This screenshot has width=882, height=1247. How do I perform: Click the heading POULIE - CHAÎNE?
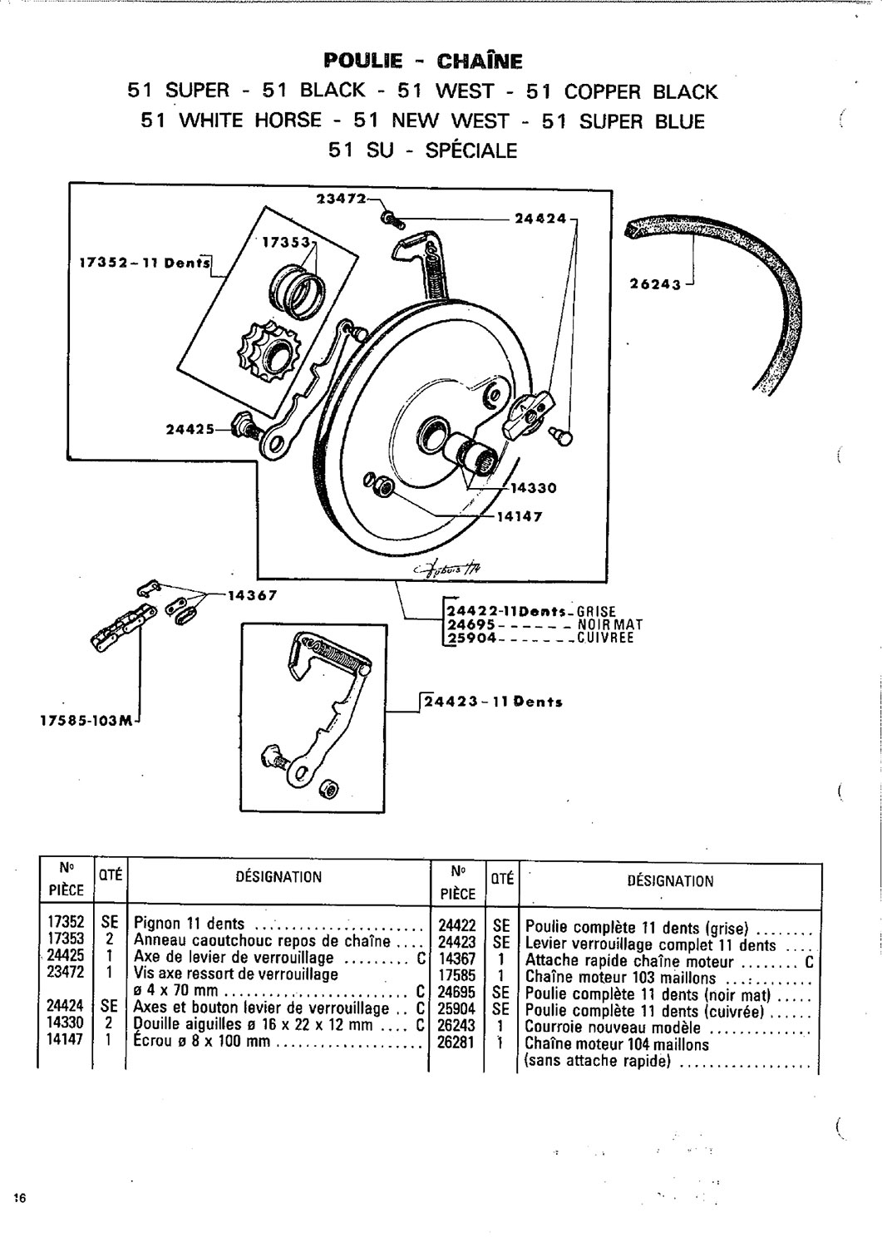coord(423,61)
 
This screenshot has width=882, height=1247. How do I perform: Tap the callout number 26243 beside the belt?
coord(657,284)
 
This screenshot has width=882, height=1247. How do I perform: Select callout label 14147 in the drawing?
coord(520,516)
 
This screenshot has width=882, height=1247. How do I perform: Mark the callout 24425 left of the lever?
coord(190,429)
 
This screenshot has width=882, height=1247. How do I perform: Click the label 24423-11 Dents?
coord(493,702)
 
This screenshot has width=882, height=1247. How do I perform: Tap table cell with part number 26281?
coord(456,1044)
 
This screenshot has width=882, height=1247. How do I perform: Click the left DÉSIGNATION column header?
coord(278,876)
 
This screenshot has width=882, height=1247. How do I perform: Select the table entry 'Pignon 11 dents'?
coord(190,924)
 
